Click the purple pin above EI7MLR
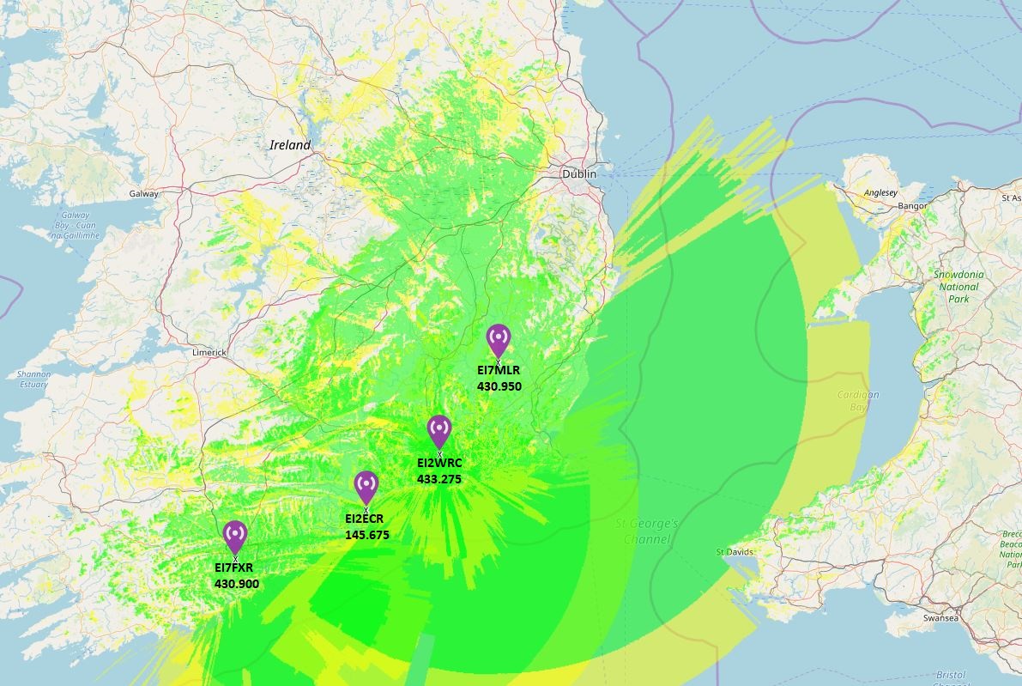click(x=498, y=339)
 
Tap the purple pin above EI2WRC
click(x=439, y=430)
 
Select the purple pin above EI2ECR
click(x=366, y=486)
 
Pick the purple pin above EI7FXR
click(x=235, y=536)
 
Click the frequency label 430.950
click(x=499, y=386)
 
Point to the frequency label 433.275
click(x=439, y=479)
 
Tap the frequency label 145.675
click(x=366, y=535)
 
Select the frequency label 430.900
click(x=236, y=585)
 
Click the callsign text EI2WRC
click(x=439, y=463)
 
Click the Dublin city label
click(x=578, y=173)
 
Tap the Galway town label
click(x=143, y=194)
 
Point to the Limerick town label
click(x=209, y=353)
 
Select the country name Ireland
click(x=290, y=145)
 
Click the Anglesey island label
click(x=880, y=194)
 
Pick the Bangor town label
click(x=912, y=206)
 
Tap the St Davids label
click(x=734, y=552)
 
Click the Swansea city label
click(x=965, y=618)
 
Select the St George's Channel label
click(x=647, y=531)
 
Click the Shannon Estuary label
click(x=33, y=379)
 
